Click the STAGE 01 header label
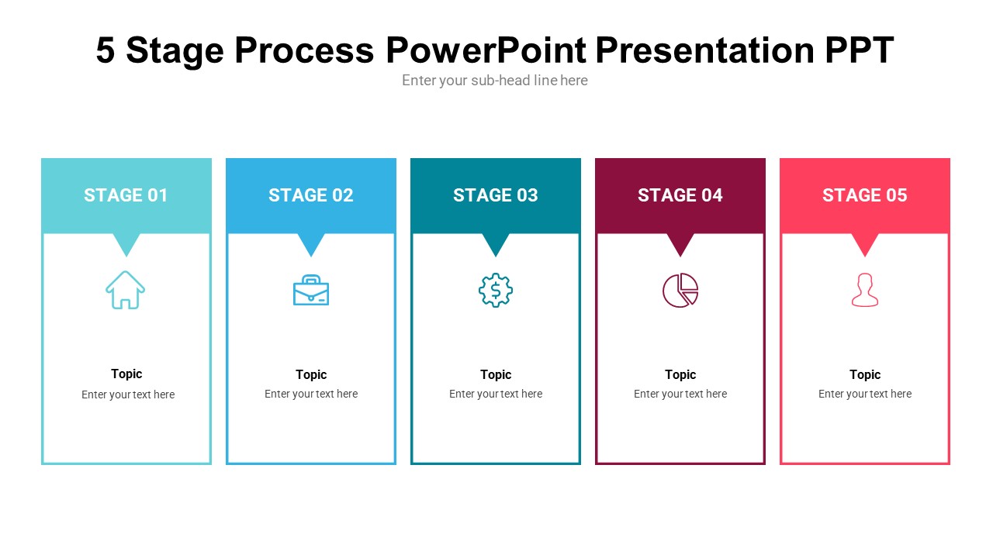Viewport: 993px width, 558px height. click(x=126, y=195)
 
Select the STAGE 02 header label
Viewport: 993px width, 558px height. click(x=310, y=195)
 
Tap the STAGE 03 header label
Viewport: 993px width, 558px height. click(x=495, y=195)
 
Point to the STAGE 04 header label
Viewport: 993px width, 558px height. click(x=680, y=195)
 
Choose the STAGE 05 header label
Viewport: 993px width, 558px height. click(x=864, y=195)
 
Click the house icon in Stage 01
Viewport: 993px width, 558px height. click(x=126, y=290)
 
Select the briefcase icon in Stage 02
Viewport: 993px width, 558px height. click(x=310, y=291)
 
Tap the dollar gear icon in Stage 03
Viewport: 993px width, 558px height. click(x=495, y=291)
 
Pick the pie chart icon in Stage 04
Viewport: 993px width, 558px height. click(x=680, y=291)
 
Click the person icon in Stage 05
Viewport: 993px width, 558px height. click(x=864, y=291)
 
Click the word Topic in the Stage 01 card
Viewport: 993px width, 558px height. click(x=126, y=374)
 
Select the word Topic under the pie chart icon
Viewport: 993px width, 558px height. click(x=680, y=374)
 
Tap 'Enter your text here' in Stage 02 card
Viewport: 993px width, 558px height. click(x=310, y=394)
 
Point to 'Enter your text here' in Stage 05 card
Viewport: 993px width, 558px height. click(x=864, y=394)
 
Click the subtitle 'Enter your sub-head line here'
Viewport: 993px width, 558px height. click(x=495, y=81)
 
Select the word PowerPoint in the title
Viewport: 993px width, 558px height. click(x=486, y=50)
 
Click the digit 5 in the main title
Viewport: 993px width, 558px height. click(x=106, y=50)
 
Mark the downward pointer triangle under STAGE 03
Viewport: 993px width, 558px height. click(x=495, y=243)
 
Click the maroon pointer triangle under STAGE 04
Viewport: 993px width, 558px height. click(x=680, y=243)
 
